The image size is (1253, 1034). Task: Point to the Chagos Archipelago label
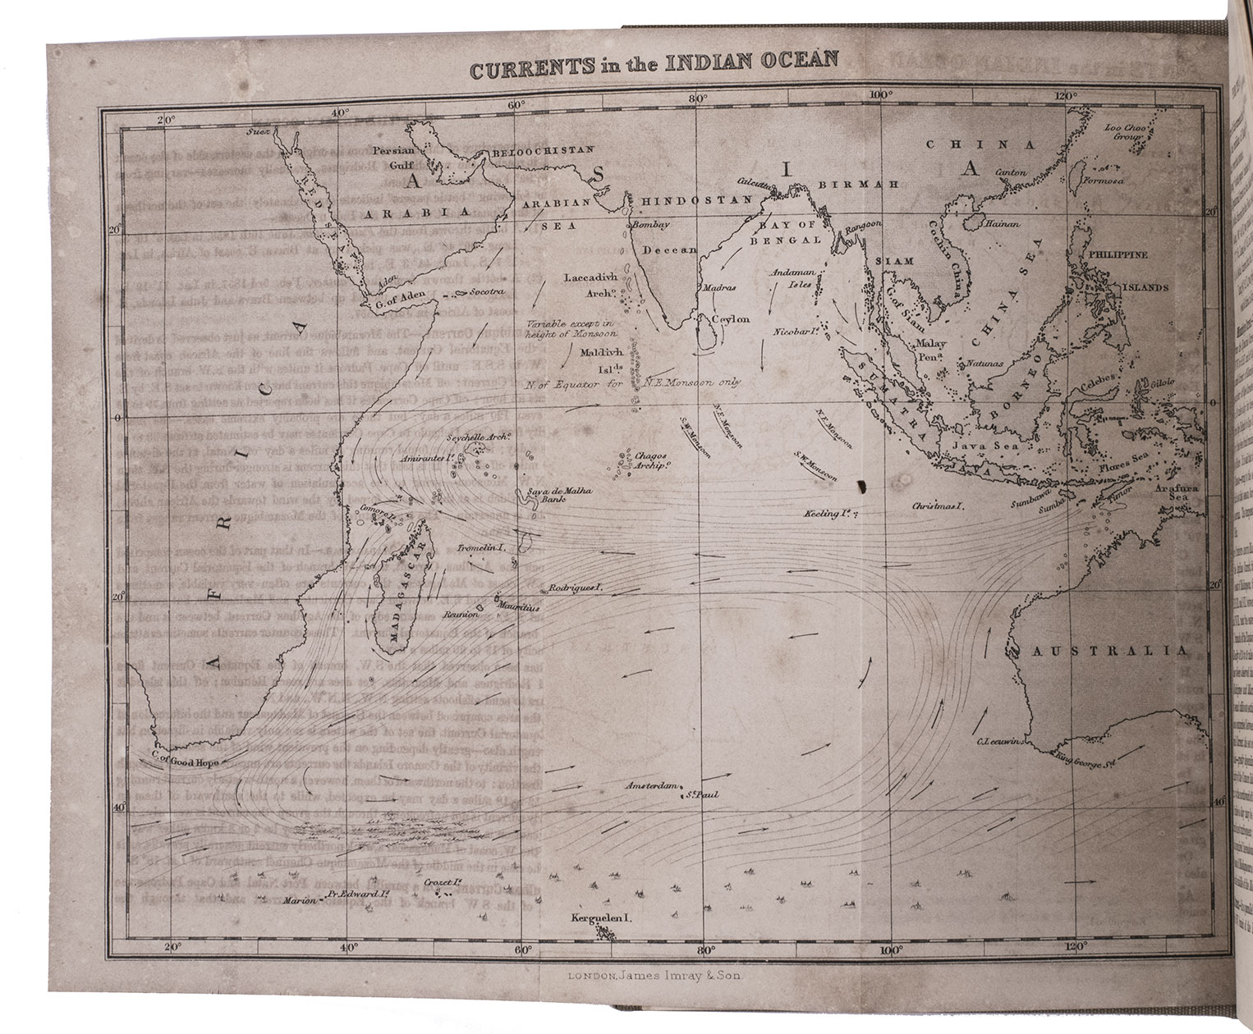[x=649, y=460]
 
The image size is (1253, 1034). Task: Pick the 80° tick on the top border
[x=698, y=99]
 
